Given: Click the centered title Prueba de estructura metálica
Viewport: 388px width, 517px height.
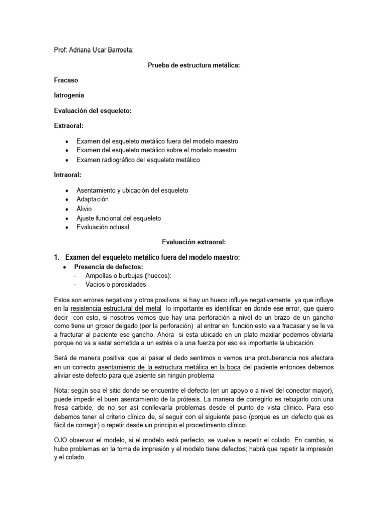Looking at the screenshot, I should click(x=193, y=65).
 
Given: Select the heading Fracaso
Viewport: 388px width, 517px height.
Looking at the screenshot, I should click(x=66, y=80).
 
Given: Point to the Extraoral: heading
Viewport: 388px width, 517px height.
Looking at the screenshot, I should click(x=68, y=126).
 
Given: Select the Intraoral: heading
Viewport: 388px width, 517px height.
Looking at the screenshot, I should click(x=68, y=175).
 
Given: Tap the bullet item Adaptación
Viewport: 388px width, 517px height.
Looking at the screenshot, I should click(x=92, y=199).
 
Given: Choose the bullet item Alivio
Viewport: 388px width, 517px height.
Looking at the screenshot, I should click(x=85, y=209).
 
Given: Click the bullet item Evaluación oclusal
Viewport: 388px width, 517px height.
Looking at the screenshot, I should click(x=103, y=227).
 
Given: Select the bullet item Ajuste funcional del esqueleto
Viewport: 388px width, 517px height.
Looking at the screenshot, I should click(x=118, y=218).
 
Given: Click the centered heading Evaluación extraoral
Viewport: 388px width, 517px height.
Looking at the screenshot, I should click(x=193, y=242).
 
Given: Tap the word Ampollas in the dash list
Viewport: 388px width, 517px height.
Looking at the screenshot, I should click(x=99, y=275).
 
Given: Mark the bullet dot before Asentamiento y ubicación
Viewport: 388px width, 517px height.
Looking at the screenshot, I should click(x=67, y=190).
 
